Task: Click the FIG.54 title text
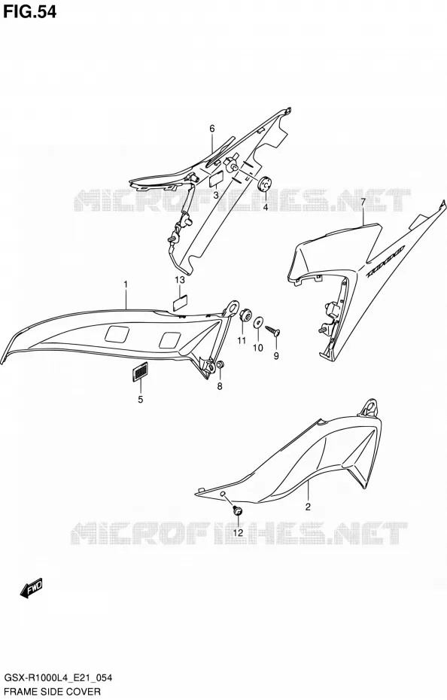click(30, 11)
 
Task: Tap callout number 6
click(212, 129)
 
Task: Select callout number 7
click(363, 202)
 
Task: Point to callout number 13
click(180, 280)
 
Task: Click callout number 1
click(126, 284)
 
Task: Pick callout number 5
click(140, 400)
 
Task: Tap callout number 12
click(237, 532)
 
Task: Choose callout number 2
click(308, 507)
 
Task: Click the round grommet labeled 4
click(266, 184)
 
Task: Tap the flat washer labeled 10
click(258, 322)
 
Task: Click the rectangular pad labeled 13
click(180, 303)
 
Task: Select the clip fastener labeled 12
click(237, 510)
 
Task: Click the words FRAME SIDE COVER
click(52, 692)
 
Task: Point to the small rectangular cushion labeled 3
click(216, 181)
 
